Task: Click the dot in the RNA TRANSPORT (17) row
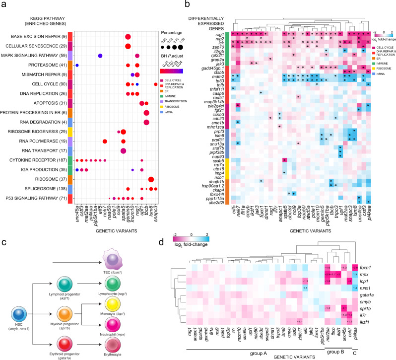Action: click(123, 150)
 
